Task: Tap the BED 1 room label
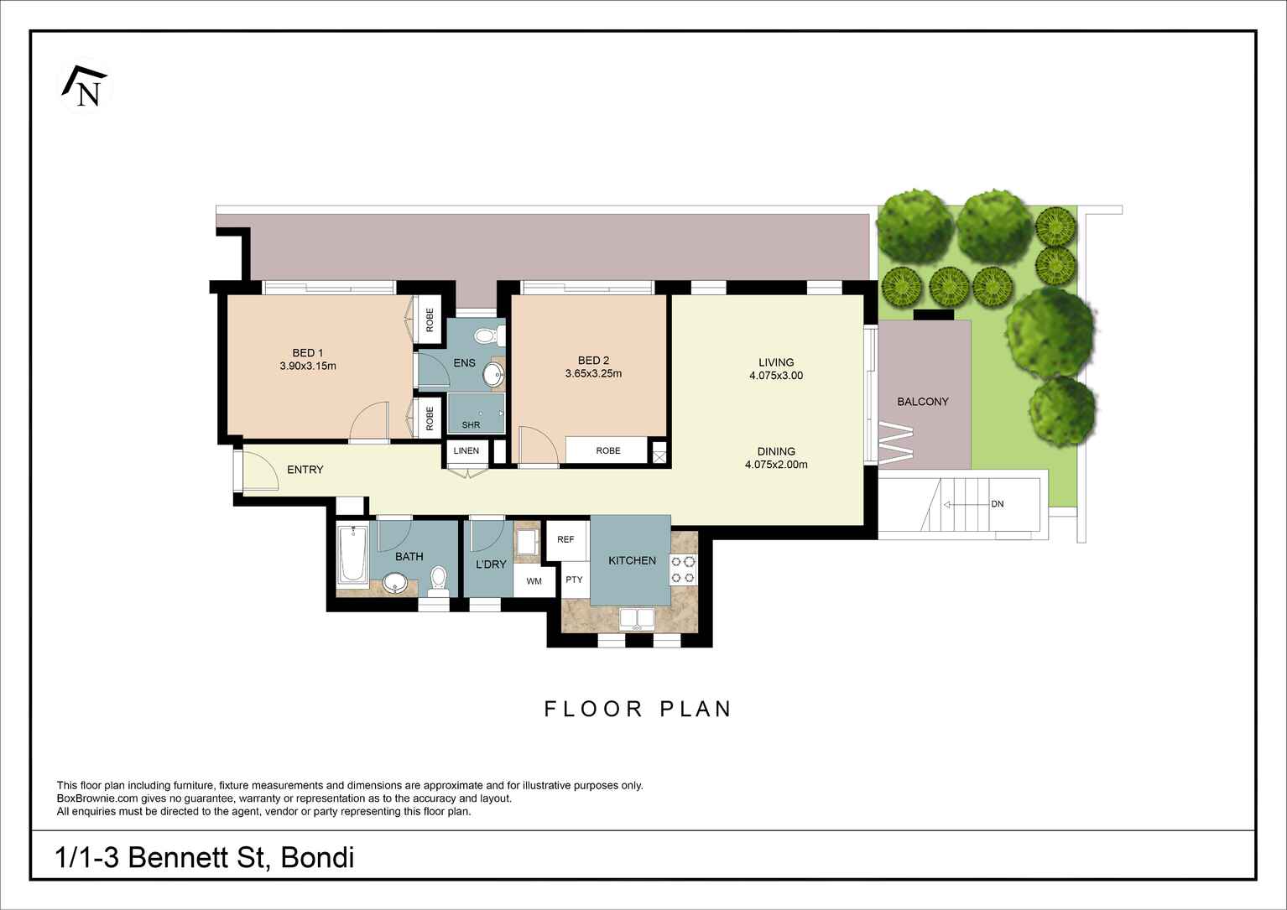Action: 308,353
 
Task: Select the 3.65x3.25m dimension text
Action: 593,374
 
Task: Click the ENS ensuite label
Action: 464,363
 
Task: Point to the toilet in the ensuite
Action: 487,336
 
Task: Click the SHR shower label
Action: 471,425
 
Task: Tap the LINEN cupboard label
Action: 466,451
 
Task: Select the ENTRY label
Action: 305,470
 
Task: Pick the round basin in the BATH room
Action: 394,584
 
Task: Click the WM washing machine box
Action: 534,581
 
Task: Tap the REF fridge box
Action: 565,539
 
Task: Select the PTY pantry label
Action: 574,580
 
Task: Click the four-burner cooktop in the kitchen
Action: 683,569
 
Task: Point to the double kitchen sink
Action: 638,619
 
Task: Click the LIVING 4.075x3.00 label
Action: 776,369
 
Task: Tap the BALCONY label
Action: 923,402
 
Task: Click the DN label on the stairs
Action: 998,504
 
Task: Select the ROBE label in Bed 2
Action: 608,450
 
